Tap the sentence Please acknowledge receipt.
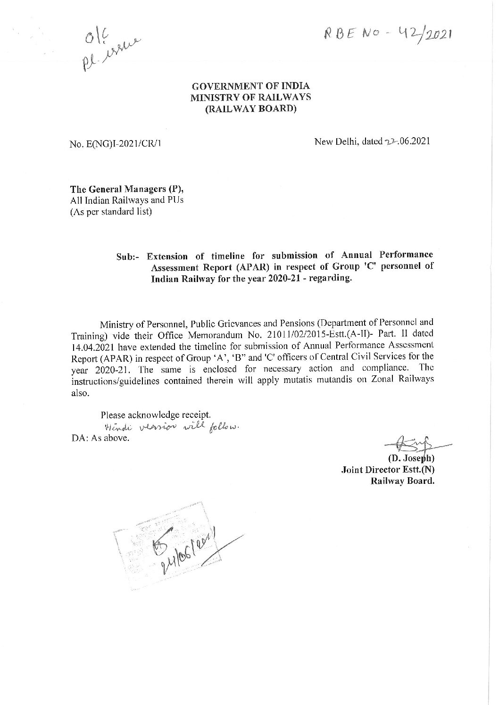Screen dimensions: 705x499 coord(155,415)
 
